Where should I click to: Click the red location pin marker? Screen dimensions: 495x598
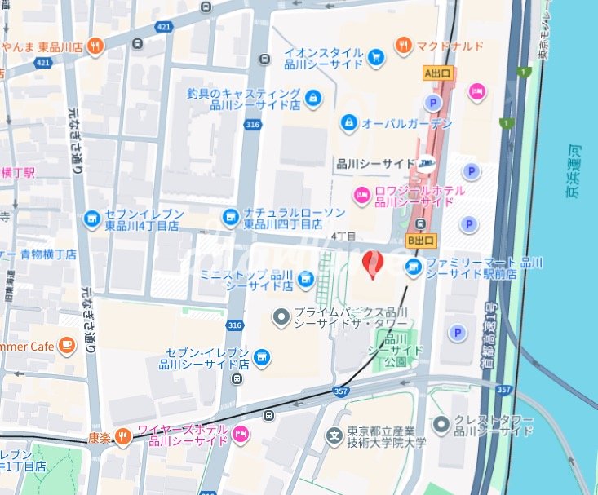[371, 263]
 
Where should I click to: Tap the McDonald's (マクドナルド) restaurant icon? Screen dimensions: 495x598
[403, 46]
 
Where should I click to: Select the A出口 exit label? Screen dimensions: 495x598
[439, 73]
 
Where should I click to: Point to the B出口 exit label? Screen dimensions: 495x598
[422, 241]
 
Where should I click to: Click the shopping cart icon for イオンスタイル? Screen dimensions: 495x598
[375, 56]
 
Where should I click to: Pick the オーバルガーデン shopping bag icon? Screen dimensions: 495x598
[348, 122]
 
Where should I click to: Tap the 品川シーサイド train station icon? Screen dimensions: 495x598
[427, 164]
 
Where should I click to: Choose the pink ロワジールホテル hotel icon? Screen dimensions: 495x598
[361, 195]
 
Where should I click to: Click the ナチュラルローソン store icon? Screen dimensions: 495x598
[232, 217]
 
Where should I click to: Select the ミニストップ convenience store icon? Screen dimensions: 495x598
[306, 281]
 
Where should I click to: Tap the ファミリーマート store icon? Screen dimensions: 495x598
[414, 267]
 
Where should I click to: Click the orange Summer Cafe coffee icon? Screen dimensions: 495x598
[66, 346]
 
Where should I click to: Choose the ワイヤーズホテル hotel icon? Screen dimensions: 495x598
[240, 434]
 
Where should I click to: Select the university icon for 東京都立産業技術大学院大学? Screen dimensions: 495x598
[334, 436]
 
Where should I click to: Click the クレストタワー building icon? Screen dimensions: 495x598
[441, 423]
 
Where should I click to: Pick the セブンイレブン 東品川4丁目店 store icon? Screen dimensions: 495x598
[91, 219]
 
